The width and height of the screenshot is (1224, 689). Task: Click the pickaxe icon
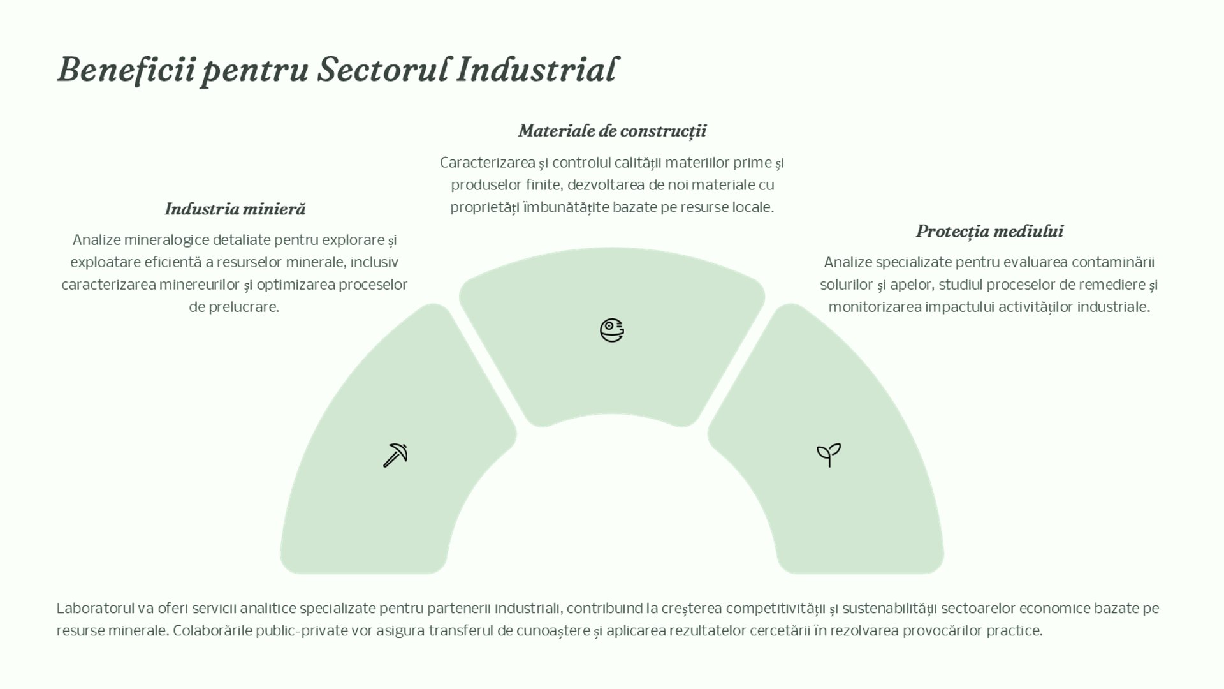[x=395, y=456]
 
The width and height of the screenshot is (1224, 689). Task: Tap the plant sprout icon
[x=829, y=455]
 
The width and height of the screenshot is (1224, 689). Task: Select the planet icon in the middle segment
[x=612, y=330]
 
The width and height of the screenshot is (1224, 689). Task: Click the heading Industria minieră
[x=235, y=209]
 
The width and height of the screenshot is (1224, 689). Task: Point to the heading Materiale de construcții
[x=612, y=131]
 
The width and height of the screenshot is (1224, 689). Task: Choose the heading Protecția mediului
[x=989, y=232]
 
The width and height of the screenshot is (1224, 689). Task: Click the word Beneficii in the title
[x=126, y=70]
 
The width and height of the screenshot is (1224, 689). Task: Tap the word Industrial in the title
[x=537, y=70]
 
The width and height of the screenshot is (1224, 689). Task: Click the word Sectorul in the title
[x=382, y=70]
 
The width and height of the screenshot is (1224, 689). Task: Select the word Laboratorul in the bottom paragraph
[x=95, y=609]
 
